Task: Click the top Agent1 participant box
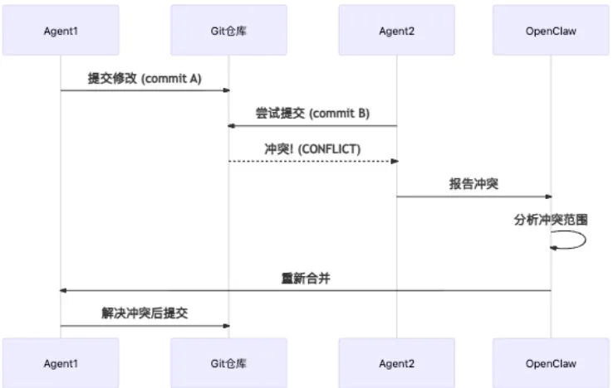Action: pyautogui.click(x=61, y=31)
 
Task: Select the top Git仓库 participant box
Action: pyautogui.click(x=229, y=31)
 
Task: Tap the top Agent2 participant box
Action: pyautogui.click(x=396, y=31)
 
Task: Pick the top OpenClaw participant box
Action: pyautogui.click(x=551, y=31)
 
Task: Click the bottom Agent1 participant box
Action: pyautogui.click(x=61, y=363)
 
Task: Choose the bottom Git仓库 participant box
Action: pyautogui.click(x=229, y=363)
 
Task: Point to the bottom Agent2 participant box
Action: pyautogui.click(x=396, y=363)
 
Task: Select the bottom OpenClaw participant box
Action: pyautogui.click(x=551, y=363)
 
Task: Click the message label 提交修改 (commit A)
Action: pyautogui.click(x=145, y=78)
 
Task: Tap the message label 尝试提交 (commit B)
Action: pyautogui.click(x=312, y=114)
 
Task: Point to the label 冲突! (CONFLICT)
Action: pyautogui.click(x=312, y=149)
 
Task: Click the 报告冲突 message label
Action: pyautogui.click(x=473, y=184)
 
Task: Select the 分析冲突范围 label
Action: pyautogui.click(x=551, y=220)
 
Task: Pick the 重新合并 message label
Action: pyautogui.click(x=306, y=279)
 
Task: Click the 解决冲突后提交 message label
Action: pyautogui.click(x=145, y=314)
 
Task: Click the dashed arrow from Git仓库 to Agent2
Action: pyautogui.click(x=312, y=161)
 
